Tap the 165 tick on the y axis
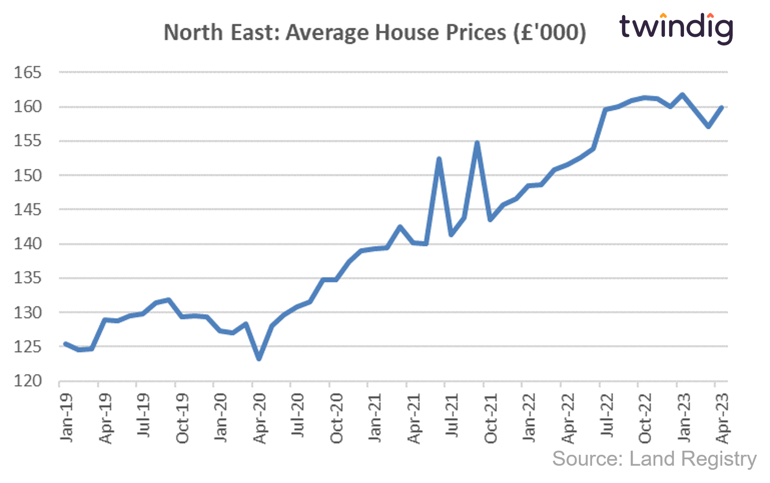point(27,72)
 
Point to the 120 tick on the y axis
point(27,381)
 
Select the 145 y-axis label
point(27,210)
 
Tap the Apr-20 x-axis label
point(259,418)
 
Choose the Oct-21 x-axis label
point(491,418)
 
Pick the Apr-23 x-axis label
point(722,418)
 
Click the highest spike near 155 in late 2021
point(477,143)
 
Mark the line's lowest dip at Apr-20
point(259,359)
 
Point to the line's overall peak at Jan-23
point(682,95)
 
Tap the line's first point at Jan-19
point(66,344)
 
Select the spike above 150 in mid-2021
point(439,158)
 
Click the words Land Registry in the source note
point(693,459)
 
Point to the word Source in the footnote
point(587,459)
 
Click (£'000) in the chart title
point(550,33)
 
